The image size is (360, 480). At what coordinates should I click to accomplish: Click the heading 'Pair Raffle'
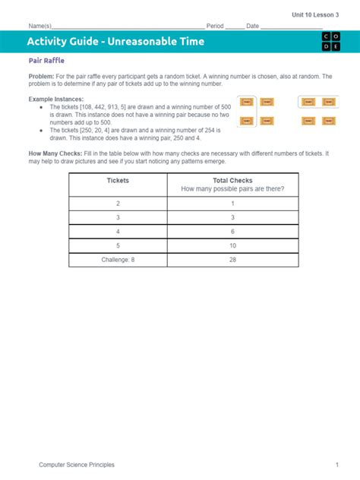click(x=48, y=61)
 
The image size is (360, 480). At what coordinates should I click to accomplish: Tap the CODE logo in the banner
click(x=331, y=42)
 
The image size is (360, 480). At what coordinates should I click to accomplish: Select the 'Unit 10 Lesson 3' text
click(x=316, y=14)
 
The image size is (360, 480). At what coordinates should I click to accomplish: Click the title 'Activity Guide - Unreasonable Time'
click(x=115, y=42)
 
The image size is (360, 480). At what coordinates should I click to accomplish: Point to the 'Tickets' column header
click(x=118, y=181)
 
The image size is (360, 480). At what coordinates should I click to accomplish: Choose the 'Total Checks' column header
click(x=233, y=181)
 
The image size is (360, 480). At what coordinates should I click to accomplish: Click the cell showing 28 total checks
click(x=233, y=260)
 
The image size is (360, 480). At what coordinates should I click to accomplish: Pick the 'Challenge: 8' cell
click(x=118, y=260)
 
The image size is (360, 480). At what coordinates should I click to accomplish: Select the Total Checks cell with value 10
click(x=233, y=245)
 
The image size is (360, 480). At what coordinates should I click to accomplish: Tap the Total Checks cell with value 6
click(x=233, y=231)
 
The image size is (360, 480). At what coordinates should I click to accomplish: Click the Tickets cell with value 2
click(x=118, y=204)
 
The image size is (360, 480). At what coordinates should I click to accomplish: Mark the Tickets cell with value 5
click(x=118, y=245)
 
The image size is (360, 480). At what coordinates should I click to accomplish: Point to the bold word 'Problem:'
click(x=43, y=77)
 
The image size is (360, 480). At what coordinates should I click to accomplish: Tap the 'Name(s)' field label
click(x=40, y=27)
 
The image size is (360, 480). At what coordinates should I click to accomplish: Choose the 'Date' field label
click(x=253, y=27)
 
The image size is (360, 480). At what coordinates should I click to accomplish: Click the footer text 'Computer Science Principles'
click(x=77, y=464)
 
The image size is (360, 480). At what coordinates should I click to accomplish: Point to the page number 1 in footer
click(x=336, y=464)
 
